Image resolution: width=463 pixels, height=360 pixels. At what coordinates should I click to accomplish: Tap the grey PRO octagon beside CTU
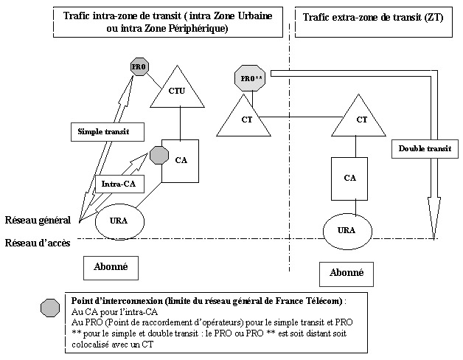(x=139, y=66)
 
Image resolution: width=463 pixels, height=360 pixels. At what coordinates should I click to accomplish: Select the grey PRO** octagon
(x=249, y=77)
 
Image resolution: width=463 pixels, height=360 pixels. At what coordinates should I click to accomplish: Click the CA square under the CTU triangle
(x=180, y=159)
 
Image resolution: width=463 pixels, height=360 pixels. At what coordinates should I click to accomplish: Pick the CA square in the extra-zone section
(x=350, y=177)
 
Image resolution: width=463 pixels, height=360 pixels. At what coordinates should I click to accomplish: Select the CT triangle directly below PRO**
(x=246, y=117)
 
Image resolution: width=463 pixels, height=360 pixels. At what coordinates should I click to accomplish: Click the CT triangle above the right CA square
(x=361, y=117)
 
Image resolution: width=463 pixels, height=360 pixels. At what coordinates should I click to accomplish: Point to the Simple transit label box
(x=102, y=131)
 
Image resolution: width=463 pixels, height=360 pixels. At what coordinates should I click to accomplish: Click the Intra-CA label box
(x=118, y=181)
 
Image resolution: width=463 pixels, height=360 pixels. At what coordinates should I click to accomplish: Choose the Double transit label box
(x=424, y=148)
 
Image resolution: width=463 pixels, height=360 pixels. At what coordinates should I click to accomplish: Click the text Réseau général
(x=37, y=219)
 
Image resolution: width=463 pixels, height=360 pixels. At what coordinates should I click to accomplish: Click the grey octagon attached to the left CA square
(x=159, y=155)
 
